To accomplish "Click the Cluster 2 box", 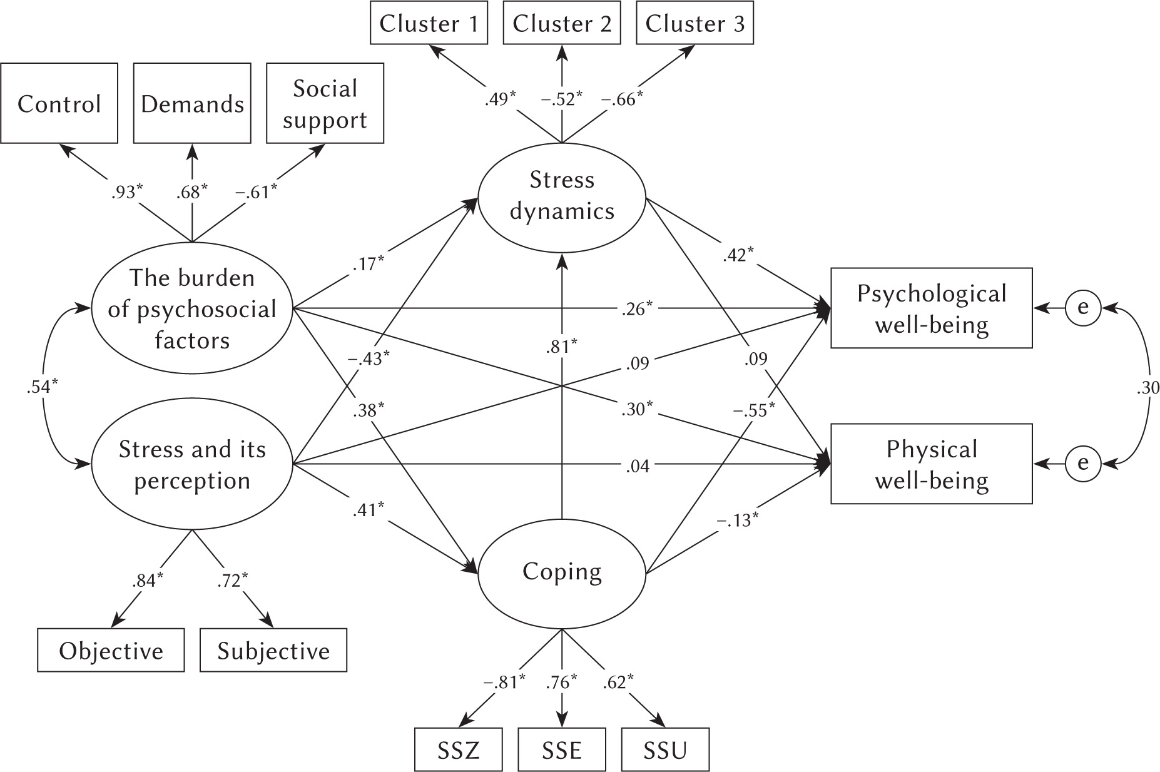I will (x=561, y=24).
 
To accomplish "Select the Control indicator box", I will (x=59, y=103).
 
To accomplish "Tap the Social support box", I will (x=325, y=103).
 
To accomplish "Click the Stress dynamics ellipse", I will (x=561, y=196).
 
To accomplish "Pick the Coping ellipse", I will (x=561, y=572).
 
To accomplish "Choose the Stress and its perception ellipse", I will (x=192, y=465).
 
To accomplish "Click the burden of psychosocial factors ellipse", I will (x=192, y=308).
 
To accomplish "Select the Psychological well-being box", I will (x=931, y=308).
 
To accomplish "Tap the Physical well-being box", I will (x=931, y=464).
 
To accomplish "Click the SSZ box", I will (x=458, y=749).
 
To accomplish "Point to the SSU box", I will (x=665, y=749).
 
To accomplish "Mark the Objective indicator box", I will (x=111, y=651).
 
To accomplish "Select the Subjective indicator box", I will (x=273, y=651).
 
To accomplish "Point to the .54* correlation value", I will (x=43, y=387).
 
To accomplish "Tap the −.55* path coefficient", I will (x=755, y=409).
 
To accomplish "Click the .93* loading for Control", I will (x=127, y=192).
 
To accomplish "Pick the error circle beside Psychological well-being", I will (x=1083, y=308).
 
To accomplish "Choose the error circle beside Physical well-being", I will (x=1083, y=464).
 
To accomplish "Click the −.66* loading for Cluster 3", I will (x=623, y=99).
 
